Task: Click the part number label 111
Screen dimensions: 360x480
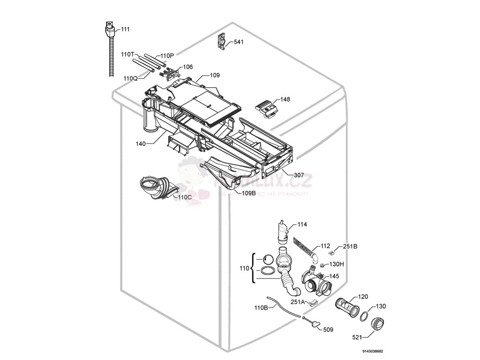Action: click(x=125, y=29)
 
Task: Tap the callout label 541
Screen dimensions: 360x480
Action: click(x=239, y=42)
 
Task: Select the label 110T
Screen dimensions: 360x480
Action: click(x=127, y=55)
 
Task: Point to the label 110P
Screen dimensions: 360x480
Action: click(x=167, y=56)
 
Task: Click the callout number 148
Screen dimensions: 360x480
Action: click(x=285, y=99)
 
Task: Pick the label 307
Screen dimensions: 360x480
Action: click(x=299, y=175)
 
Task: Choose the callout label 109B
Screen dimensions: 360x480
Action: click(x=248, y=193)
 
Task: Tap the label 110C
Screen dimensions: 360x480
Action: click(x=185, y=197)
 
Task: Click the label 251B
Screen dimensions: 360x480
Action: click(x=350, y=246)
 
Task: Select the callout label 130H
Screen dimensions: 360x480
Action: click(x=337, y=264)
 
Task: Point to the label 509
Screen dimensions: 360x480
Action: click(x=328, y=330)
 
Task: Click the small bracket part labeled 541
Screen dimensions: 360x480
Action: click(x=221, y=41)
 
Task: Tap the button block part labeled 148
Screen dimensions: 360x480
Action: click(x=267, y=108)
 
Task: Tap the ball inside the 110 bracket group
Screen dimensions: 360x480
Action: click(x=268, y=259)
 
